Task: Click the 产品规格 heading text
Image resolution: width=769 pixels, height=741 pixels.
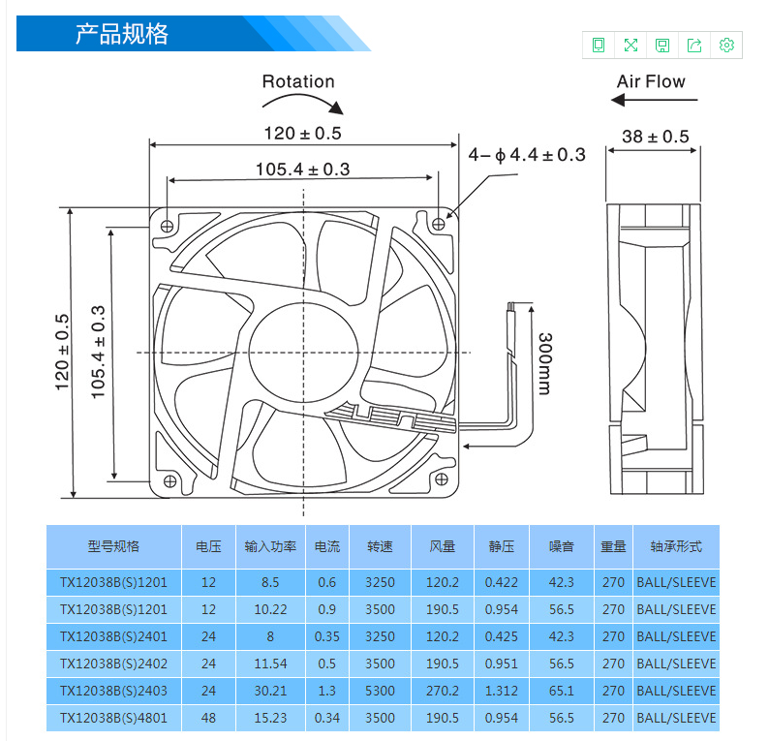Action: coord(122,34)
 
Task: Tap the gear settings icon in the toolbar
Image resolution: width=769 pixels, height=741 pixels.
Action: coord(726,46)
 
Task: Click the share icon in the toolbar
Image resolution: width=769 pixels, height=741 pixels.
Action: coord(694,46)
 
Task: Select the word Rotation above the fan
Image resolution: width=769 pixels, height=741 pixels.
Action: coord(298,81)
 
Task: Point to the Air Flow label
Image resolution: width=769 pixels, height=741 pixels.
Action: coord(651,81)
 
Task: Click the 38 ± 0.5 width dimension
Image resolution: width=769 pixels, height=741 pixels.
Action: coord(656,137)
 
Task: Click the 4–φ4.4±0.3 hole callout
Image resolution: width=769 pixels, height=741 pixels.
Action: coord(527,155)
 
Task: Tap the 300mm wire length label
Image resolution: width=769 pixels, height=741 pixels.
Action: coord(545,363)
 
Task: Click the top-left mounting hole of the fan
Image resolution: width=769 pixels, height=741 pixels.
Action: coord(168,226)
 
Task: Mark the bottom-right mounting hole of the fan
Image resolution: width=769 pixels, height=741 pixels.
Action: coord(441,479)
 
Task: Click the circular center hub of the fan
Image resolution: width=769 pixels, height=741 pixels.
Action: coord(303,353)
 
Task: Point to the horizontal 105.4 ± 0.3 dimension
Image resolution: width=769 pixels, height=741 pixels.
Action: coord(302,170)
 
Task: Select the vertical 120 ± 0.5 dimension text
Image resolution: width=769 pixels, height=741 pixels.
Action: coord(62,353)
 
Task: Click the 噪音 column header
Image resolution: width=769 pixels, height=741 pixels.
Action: coord(561,546)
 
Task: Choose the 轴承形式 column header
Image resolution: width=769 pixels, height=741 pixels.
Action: coord(676,546)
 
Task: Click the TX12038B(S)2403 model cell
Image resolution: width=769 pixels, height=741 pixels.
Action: coord(113,691)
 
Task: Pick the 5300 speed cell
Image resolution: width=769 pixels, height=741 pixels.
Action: coord(380,691)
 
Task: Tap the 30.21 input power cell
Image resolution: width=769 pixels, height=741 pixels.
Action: coord(270,691)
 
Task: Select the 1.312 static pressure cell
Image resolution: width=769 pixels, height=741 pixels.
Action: coord(502,691)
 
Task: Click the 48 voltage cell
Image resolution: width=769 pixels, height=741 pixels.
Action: coord(208,718)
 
